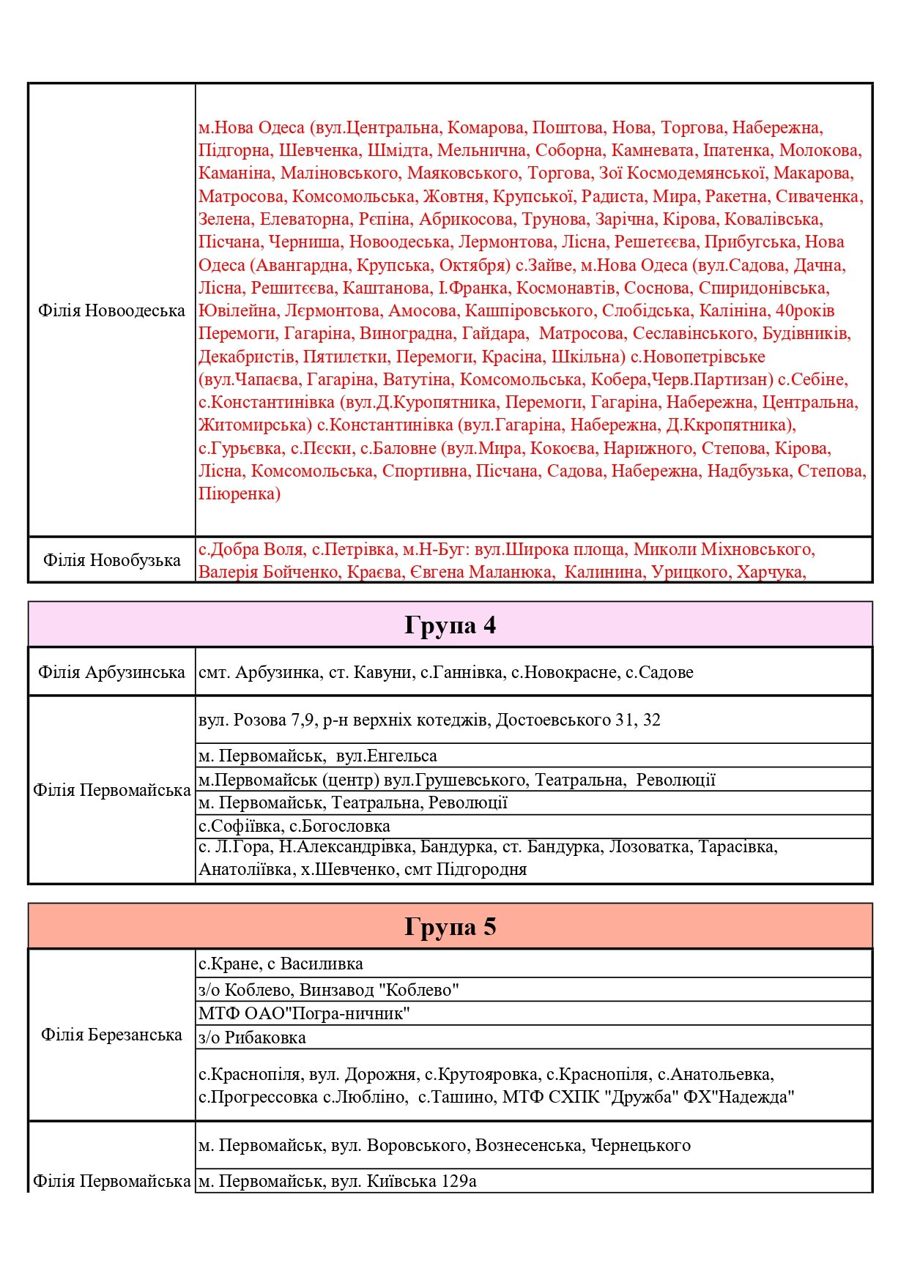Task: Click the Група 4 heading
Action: tap(450, 625)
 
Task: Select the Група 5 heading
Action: tap(450, 927)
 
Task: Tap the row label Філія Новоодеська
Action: tap(111, 310)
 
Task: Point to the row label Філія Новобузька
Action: tap(111, 560)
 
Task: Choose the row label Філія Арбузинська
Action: tap(111, 672)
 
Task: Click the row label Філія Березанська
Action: tap(111, 1035)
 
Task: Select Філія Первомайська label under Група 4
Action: tap(111, 790)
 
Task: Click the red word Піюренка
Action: tap(239, 493)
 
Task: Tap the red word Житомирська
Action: tap(255, 425)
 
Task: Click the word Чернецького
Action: tap(640, 1145)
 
